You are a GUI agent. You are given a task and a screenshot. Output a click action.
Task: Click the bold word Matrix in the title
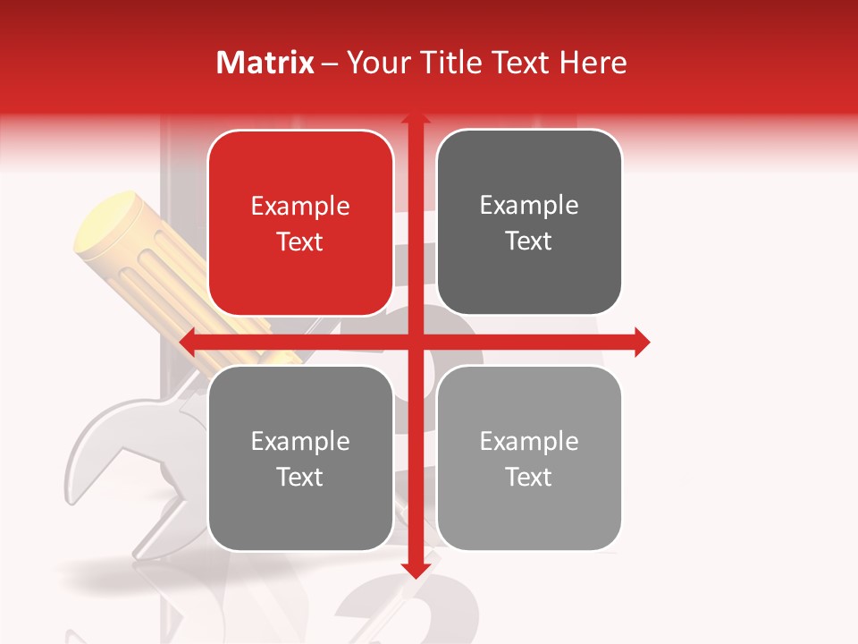[x=265, y=63]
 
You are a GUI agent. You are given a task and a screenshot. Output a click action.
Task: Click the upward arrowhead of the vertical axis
[x=415, y=119]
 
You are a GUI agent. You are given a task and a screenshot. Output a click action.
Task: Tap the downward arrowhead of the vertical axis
[x=415, y=570]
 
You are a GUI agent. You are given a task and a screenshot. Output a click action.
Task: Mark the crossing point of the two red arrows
[x=415, y=342]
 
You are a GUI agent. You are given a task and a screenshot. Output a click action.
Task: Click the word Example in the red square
[x=300, y=207]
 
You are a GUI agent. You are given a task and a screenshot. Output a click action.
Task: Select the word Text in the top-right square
[x=529, y=241]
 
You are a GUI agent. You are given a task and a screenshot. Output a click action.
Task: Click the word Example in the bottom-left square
[x=300, y=442]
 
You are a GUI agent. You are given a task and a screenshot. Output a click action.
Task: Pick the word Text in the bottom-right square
[x=529, y=478]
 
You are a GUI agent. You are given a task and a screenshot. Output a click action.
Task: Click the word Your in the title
[x=374, y=63]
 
